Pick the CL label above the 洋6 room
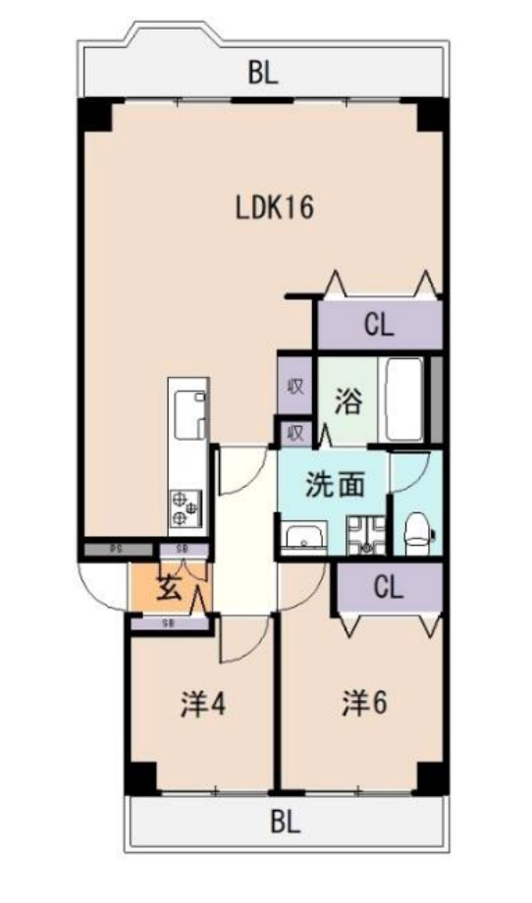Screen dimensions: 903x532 [x=389, y=588]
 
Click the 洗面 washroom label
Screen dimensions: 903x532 [x=335, y=485]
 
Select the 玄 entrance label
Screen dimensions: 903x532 [x=169, y=590]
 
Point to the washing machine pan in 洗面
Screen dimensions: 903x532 [x=363, y=535]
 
